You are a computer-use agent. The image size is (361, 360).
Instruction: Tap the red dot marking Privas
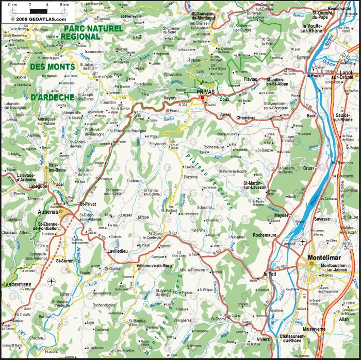(203, 97)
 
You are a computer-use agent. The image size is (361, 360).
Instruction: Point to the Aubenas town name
(48, 211)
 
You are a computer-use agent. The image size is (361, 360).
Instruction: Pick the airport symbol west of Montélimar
(302, 242)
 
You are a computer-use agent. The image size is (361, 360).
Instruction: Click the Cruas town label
(309, 168)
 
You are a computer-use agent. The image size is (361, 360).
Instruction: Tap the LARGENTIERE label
(17, 284)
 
